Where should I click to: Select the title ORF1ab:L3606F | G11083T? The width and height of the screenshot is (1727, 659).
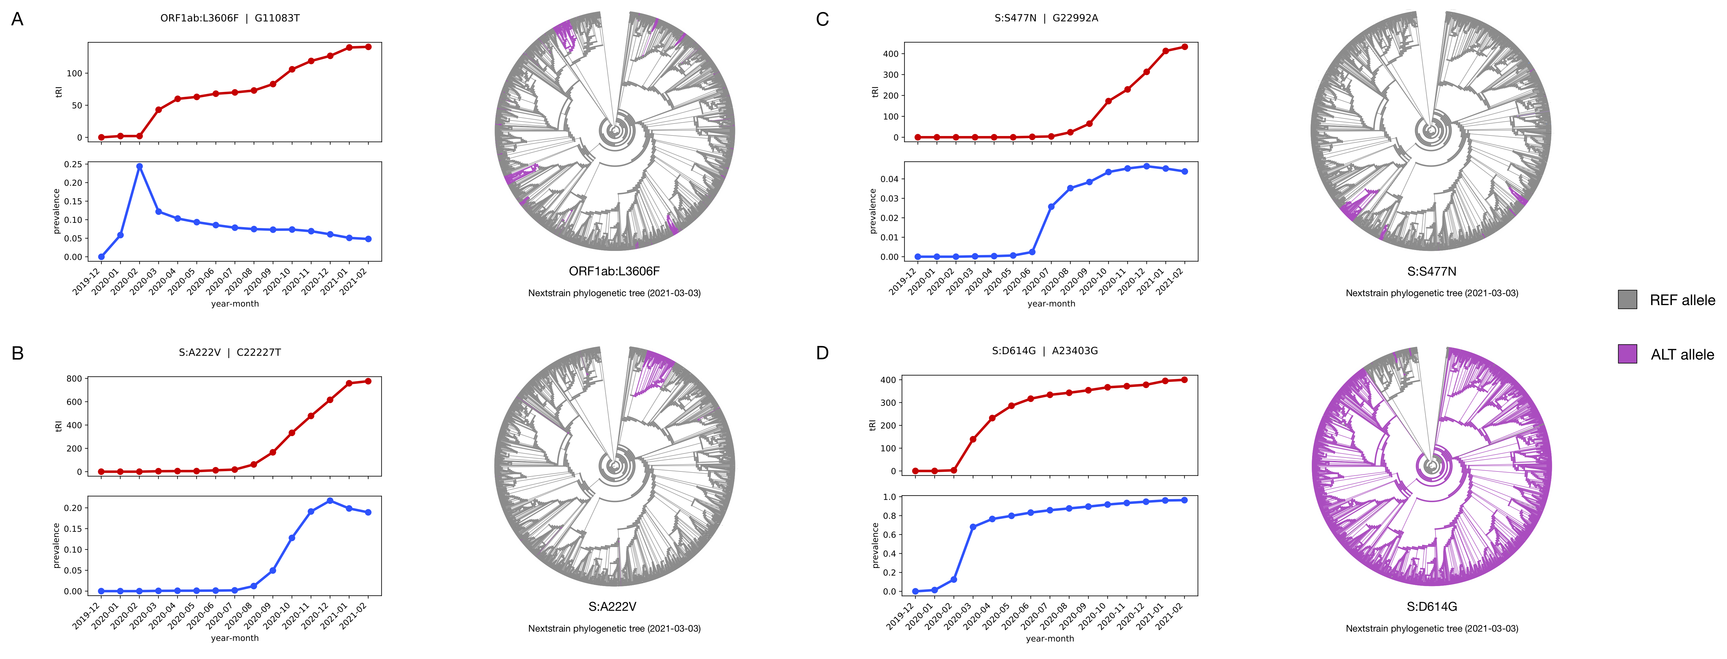(x=230, y=18)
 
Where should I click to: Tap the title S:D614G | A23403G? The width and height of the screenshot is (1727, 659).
(x=1045, y=351)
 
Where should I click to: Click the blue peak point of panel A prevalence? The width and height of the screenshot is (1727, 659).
(x=140, y=166)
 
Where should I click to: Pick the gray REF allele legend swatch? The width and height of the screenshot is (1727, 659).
(x=1627, y=299)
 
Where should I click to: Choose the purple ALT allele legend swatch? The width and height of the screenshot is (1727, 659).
(x=1627, y=354)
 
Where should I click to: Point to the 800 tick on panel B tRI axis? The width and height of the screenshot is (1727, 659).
(x=74, y=379)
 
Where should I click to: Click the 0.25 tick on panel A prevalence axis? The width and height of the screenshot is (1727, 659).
(x=74, y=164)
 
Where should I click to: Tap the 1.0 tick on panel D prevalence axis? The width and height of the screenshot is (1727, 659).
(x=890, y=497)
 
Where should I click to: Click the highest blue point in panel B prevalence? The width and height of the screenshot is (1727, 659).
(x=330, y=501)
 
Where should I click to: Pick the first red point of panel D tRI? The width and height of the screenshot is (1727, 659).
(x=916, y=471)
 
